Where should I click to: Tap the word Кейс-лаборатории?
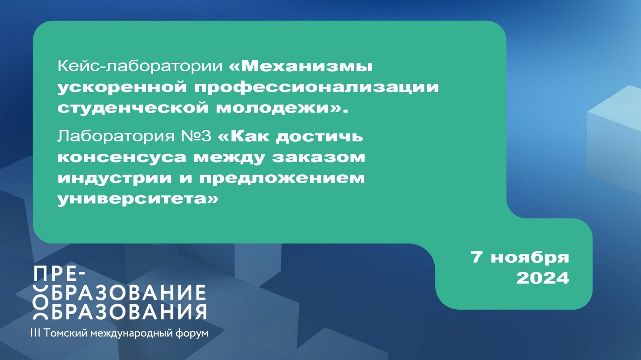click(x=140, y=66)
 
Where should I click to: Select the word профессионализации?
click(x=316, y=87)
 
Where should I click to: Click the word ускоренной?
click(x=122, y=87)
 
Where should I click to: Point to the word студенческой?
click(x=133, y=108)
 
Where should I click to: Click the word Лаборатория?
click(x=116, y=136)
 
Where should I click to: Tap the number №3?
click(x=196, y=136)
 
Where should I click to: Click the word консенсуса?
click(x=122, y=157)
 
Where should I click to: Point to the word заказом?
click(x=318, y=157)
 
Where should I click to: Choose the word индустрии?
click(x=115, y=178)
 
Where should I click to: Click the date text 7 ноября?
click(x=519, y=257)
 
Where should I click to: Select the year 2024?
click(x=543, y=278)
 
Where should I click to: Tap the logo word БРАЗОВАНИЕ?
click(x=129, y=293)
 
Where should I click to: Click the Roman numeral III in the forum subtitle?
click(x=35, y=333)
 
